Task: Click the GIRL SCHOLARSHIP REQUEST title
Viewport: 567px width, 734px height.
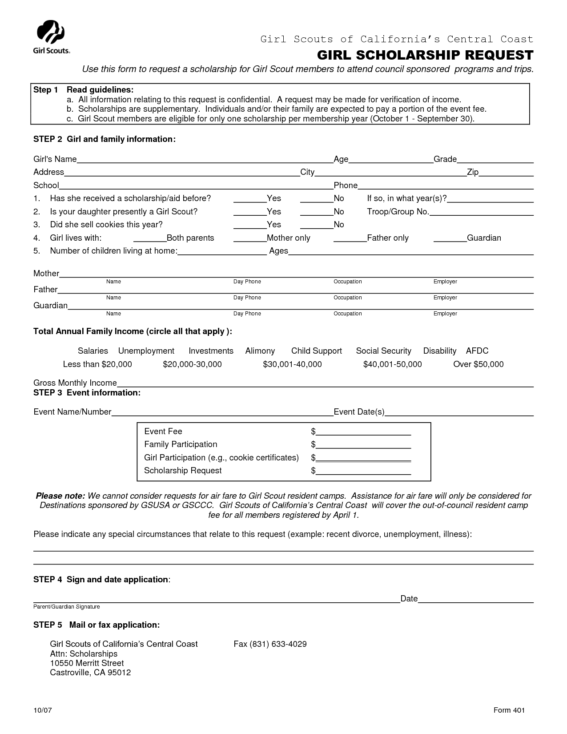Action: tap(425, 55)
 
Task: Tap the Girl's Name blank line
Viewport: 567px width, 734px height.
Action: tap(205, 160)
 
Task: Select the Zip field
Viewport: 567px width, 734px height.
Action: tap(506, 173)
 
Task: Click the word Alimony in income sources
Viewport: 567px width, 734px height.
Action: tap(260, 351)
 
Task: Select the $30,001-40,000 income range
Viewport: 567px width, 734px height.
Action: tap(292, 364)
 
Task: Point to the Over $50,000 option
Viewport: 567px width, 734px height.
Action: tap(478, 364)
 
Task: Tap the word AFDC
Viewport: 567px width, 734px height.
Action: tap(477, 351)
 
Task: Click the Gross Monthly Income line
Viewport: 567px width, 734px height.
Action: tap(325, 384)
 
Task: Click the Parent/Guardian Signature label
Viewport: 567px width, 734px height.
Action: tap(67, 607)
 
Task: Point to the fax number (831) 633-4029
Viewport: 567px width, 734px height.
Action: tap(270, 644)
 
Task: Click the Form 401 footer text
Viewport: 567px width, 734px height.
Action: tap(509, 710)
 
